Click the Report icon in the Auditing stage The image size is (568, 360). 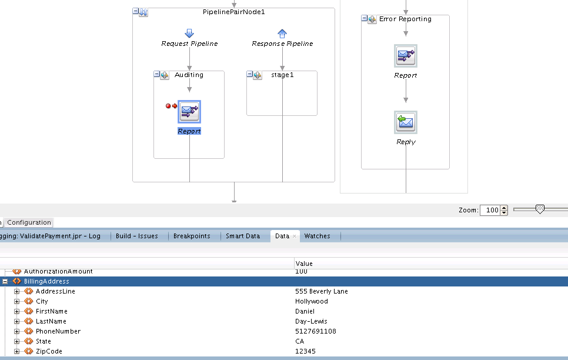(x=189, y=112)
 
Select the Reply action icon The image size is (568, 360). (x=406, y=122)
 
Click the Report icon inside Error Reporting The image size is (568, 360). (x=406, y=56)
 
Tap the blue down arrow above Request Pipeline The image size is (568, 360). (x=189, y=34)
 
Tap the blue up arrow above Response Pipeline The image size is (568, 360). (x=282, y=34)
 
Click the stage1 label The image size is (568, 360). (x=283, y=75)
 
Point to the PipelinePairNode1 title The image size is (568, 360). (x=233, y=12)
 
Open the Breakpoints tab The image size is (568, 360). (x=192, y=236)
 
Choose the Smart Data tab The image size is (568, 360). (x=243, y=236)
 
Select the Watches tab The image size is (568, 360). (x=317, y=236)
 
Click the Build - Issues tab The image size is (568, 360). (x=136, y=236)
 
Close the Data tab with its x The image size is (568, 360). (x=295, y=236)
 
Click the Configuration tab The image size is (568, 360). (x=29, y=222)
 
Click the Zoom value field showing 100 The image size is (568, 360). (x=490, y=210)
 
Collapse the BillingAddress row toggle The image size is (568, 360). (x=5, y=281)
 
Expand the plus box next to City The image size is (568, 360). (x=16, y=301)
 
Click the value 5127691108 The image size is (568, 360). (x=316, y=331)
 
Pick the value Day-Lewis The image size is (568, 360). (x=311, y=321)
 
